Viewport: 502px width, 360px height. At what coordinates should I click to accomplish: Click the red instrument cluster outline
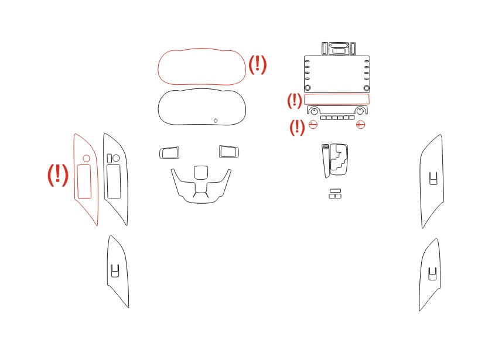tap(202, 49)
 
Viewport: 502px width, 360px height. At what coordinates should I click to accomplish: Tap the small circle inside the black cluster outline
tap(216, 121)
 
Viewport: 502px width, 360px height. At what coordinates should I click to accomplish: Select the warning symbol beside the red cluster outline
tap(257, 64)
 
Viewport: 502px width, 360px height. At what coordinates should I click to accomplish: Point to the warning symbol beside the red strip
tap(295, 101)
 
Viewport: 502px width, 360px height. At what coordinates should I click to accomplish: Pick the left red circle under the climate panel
tap(313, 124)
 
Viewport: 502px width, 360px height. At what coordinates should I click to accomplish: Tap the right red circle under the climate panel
tap(360, 124)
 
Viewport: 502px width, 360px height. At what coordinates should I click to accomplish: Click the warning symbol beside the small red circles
tap(297, 128)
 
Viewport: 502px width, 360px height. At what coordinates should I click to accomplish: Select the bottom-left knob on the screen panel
tap(308, 88)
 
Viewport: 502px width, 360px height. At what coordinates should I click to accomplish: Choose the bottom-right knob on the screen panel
tap(367, 88)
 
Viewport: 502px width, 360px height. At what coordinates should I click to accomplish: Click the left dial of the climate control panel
tap(315, 111)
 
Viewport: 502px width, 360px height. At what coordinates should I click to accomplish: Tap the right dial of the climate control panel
tap(360, 111)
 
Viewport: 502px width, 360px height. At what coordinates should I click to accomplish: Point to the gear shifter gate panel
tap(339, 159)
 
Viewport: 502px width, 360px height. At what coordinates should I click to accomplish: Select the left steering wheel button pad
tap(169, 153)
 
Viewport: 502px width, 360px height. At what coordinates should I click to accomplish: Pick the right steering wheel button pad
tap(228, 152)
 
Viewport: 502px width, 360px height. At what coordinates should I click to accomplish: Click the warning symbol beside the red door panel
tap(58, 175)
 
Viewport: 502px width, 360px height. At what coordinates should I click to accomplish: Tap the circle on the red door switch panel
tap(86, 159)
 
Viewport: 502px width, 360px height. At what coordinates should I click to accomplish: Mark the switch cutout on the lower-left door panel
tap(115, 270)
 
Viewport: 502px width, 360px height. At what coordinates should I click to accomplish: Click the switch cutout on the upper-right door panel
tap(433, 178)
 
